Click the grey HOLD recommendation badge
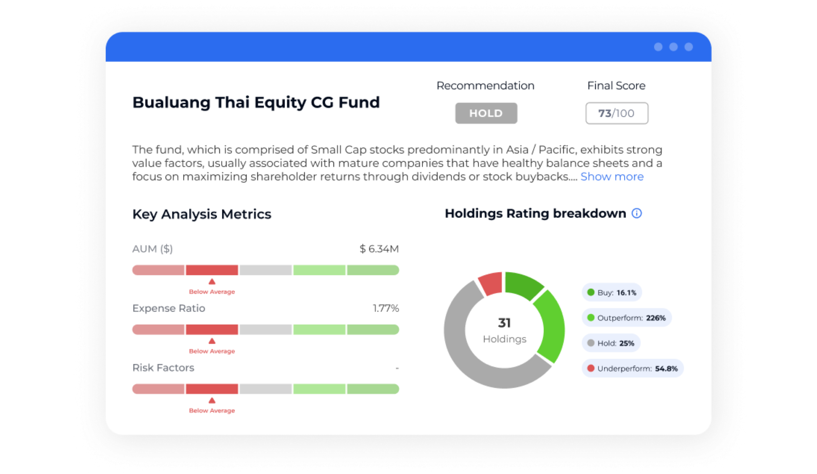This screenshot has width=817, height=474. pos(486,113)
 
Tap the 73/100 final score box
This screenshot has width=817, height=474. pos(617,113)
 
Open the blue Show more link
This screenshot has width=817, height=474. pos(612,177)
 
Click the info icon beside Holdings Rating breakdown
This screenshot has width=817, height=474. pos(637,213)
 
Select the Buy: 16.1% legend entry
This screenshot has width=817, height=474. pos(612,292)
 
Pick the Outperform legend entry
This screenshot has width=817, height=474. pos(626,318)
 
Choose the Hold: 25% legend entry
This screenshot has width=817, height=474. pos(611,343)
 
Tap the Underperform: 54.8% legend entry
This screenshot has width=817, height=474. pos(633,368)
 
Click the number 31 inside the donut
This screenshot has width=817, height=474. pos(504,323)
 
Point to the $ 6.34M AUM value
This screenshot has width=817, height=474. pos(379,249)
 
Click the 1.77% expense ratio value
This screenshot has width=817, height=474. pos(386,308)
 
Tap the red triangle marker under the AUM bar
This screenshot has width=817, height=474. pos(212,281)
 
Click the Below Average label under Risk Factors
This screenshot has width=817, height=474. pos(212,410)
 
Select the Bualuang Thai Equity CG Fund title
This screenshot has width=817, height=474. pos(256,103)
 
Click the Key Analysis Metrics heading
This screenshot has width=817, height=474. pos(202,214)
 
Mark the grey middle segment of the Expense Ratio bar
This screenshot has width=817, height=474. pos(266,330)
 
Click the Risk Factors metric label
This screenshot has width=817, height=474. pos(163,368)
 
